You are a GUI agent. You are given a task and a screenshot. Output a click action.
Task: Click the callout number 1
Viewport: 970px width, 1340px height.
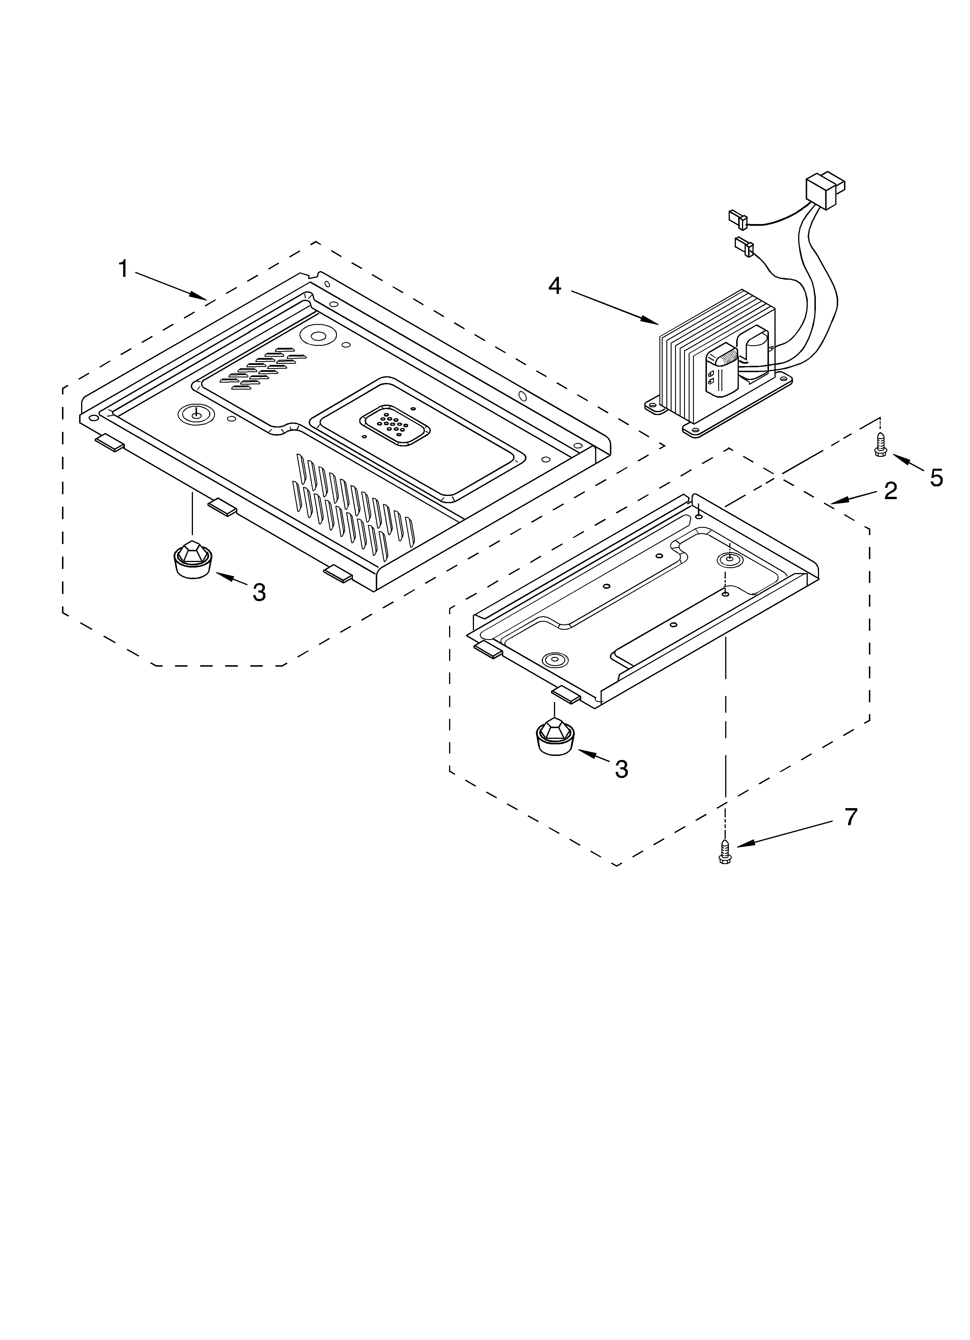tap(123, 269)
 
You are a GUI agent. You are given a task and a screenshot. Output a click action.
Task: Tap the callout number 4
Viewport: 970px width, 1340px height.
tap(554, 286)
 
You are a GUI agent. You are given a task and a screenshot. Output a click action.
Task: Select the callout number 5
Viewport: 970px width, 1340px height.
tap(936, 477)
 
